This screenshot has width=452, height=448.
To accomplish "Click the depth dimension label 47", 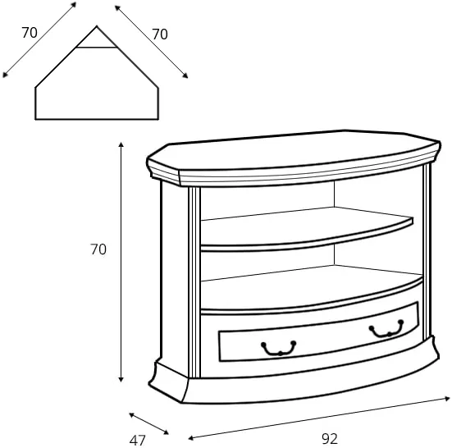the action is click(x=138, y=441).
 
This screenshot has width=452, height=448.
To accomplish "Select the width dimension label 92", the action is click(x=330, y=439).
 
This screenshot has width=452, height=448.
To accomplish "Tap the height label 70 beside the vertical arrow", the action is click(x=98, y=249).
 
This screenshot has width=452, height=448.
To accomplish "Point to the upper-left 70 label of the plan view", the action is click(x=30, y=33).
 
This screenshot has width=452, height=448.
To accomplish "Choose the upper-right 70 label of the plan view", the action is click(x=160, y=34).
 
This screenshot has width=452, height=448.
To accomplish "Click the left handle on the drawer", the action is click(x=278, y=348).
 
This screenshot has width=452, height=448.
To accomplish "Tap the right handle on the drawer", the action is click(x=386, y=329).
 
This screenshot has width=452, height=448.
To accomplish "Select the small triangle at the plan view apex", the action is click(x=97, y=39).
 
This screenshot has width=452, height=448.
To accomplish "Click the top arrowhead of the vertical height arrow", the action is click(x=121, y=144).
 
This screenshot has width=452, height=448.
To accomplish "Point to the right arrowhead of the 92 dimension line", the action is click(x=447, y=399).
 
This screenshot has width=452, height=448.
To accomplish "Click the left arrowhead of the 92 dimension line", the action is click(x=191, y=438).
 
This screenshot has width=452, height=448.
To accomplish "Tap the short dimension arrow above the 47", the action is click(x=148, y=423).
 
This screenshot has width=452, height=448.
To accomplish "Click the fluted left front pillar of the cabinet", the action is click(x=194, y=282).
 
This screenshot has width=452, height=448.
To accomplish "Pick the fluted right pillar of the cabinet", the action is click(x=427, y=251).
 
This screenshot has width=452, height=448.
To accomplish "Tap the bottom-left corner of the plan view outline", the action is click(x=35, y=119).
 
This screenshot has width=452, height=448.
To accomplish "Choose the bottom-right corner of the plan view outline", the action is click(x=158, y=119).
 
